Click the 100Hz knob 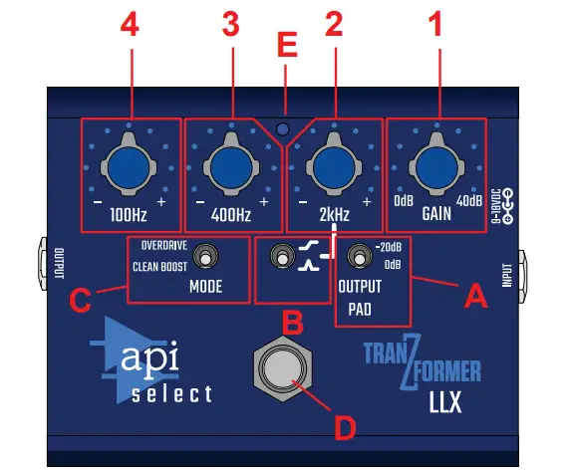130,164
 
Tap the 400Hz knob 231,164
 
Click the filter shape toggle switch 282,260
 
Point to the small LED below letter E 284,129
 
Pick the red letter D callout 343,429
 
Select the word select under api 171,394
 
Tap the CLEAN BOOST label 160,267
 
